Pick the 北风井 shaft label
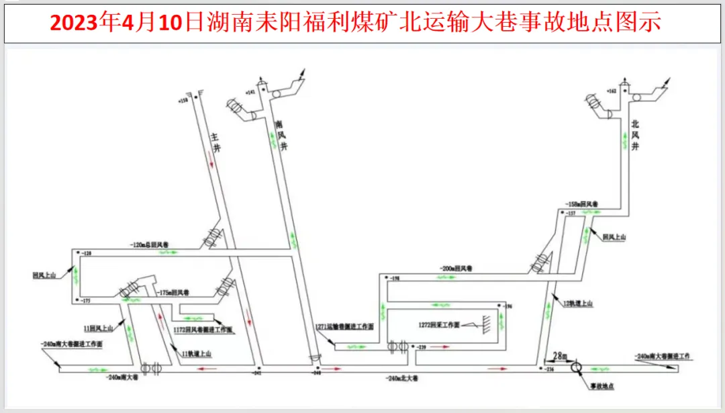click(634, 134)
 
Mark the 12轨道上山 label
click(577, 304)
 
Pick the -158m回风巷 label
click(581, 202)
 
